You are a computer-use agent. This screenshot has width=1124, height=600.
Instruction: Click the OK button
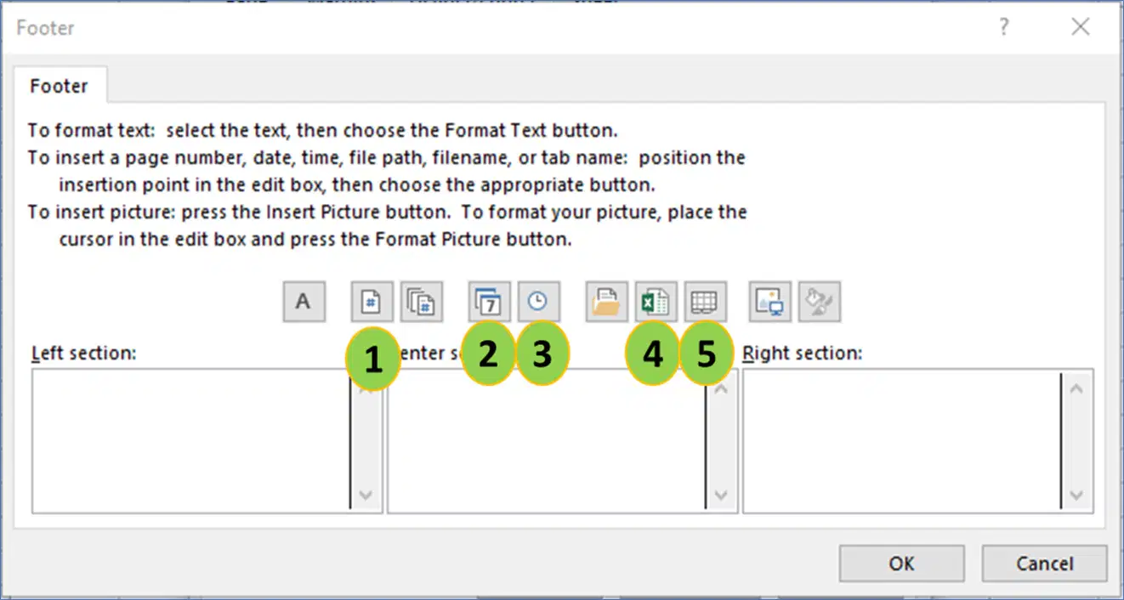pos(902,563)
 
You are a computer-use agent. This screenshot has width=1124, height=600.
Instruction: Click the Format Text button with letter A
pos(304,302)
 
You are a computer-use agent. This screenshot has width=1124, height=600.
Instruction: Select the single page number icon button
pos(372,302)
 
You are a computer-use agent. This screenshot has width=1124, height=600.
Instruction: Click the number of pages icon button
pos(422,302)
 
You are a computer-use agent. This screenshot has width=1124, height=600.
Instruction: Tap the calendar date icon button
pos(489,302)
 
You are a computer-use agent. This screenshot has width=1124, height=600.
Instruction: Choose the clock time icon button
pos(539,302)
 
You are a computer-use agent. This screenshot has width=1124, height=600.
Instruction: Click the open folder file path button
pos(607,302)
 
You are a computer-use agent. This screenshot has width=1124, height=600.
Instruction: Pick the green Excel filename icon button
pos(656,302)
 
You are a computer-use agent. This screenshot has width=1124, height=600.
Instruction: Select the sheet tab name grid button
pos(706,302)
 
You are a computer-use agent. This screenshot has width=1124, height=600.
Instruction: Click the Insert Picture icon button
pos(770,302)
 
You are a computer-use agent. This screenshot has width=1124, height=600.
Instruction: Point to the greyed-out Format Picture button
pos(820,302)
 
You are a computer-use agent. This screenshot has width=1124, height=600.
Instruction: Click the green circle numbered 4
pos(652,354)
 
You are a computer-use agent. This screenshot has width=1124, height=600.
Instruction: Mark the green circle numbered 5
pos(706,354)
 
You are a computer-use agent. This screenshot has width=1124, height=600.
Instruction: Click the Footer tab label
pos(59,87)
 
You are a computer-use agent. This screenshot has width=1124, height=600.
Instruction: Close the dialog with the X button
pos(1081,26)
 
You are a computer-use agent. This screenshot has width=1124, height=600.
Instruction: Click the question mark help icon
pos(1003,26)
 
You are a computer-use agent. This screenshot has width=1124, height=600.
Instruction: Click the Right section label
pos(803,354)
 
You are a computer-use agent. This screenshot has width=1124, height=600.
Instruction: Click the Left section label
pos(84,354)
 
